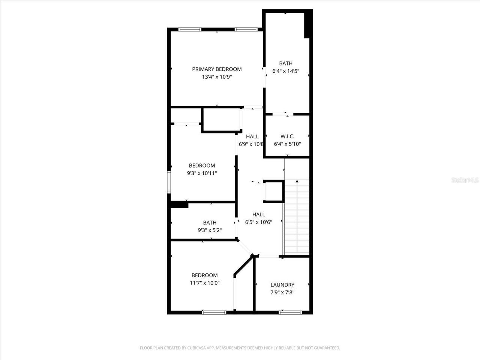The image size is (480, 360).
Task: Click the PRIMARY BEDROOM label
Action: [x=217, y=69]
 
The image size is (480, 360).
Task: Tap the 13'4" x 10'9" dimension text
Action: [x=217, y=77]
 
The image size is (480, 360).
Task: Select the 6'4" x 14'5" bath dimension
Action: [x=285, y=71]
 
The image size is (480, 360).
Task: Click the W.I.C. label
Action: [x=287, y=136]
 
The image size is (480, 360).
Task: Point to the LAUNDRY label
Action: [x=282, y=285]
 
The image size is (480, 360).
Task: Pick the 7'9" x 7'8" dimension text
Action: [x=282, y=292]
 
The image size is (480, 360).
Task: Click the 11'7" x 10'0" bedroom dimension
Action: [x=204, y=283]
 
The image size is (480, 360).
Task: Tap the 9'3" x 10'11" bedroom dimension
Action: [x=202, y=173]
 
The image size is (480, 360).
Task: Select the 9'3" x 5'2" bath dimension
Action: [x=210, y=230]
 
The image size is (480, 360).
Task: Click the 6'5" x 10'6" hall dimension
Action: [x=258, y=222]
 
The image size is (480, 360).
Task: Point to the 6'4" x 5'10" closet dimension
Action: [x=287, y=144]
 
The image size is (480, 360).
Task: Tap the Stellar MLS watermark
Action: [x=465, y=180]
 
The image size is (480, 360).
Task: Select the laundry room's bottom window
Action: [x=290, y=312]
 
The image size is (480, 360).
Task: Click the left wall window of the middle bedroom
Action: [x=169, y=182]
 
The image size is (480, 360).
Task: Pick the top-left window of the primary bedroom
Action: [x=190, y=29]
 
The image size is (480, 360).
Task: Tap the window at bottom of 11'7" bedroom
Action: [x=214, y=312]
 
